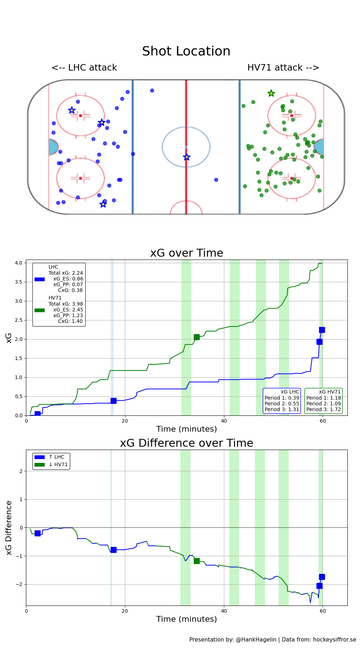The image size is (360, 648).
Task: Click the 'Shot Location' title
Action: click(186, 51)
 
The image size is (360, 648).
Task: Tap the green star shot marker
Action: click(271, 94)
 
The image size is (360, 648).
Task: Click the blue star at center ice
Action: click(186, 157)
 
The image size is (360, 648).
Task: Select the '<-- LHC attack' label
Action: click(84, 68)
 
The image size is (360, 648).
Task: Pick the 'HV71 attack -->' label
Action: click(283, 68)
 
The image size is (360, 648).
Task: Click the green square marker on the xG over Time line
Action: click(197, 337)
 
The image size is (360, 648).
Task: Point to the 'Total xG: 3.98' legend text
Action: click(66, 304)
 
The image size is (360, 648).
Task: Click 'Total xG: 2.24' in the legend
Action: click(66, 273)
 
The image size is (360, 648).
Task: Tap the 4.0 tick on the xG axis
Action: click(18, 263)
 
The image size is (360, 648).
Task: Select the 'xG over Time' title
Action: click(186, 253)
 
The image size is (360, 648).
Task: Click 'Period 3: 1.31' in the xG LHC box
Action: click(282, 409)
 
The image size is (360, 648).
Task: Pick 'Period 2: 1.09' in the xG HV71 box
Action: click(324, 404)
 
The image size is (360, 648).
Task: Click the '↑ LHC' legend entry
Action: click(57, 457)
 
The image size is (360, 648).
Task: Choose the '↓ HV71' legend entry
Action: click(58, 464)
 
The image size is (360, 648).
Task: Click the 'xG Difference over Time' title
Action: click(186, 443)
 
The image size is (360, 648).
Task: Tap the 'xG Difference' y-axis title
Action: click(9, 528)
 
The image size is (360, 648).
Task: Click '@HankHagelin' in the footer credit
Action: click(256, 639)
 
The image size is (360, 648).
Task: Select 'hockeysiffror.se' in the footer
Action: click(334, 639)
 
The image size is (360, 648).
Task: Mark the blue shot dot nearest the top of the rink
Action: click(152, 90)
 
